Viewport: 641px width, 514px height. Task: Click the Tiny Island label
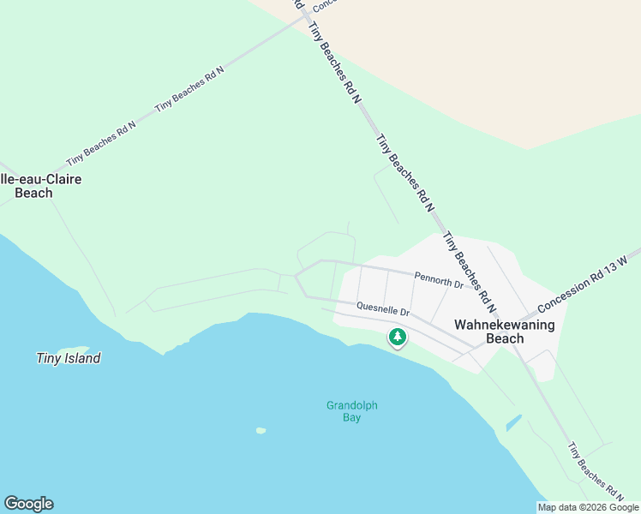69,358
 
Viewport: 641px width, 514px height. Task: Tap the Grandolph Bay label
351,411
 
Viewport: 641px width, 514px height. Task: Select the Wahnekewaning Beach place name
504,332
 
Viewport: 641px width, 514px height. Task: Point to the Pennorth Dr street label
439,278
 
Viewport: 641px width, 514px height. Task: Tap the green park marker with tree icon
397,338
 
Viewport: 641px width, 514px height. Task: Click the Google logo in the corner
28,504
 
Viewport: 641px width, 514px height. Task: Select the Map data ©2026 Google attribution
588,507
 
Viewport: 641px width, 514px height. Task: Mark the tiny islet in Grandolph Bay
261,430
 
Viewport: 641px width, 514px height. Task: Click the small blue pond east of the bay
513,422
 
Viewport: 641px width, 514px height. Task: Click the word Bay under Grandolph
351,418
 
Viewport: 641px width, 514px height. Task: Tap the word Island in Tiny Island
82,358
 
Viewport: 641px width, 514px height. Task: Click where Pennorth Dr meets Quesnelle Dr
297,276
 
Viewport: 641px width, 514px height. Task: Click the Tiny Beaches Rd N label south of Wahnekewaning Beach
596,470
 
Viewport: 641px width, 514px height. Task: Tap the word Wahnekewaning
504,325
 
